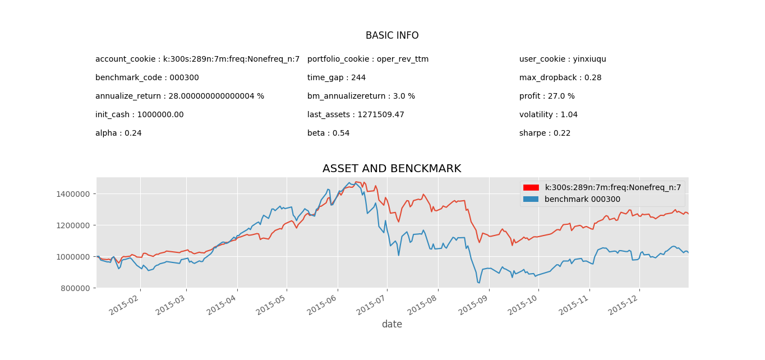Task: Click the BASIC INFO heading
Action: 391,36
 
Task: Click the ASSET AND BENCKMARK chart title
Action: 391,169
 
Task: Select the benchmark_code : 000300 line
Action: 147,78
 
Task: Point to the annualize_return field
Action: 179,96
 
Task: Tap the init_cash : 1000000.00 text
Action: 139,115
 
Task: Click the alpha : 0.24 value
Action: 118,133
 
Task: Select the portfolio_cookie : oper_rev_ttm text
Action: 367,59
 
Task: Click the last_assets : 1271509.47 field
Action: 356,115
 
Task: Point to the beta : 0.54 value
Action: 328,133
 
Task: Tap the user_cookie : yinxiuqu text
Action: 563,59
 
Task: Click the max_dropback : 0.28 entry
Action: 560,78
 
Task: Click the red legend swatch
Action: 531,188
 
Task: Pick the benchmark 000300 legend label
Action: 582,200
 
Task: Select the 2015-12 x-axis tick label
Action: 626,303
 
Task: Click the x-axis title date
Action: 391,325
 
